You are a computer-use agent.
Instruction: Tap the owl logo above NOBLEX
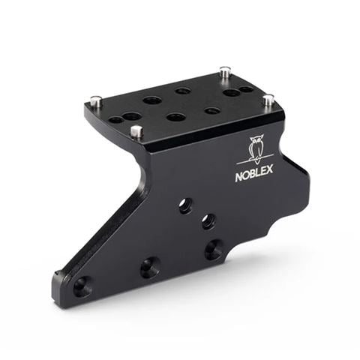tap(257, 148)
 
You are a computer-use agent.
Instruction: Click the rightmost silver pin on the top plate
tap(268, 99)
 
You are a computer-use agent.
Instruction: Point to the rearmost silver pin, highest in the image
tap(224, 73)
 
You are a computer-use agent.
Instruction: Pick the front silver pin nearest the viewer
tap(136, 132)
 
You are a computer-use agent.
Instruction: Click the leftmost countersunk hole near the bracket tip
tap(82, 285)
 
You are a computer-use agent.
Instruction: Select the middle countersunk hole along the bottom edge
tap(149, 266)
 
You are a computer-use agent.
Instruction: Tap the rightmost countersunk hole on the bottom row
tap(214, 250)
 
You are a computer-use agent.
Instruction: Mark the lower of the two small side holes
tap(208, 221)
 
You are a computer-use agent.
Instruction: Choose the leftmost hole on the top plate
tap(115, 119)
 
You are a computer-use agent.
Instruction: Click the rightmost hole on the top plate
tap(247, 90)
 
